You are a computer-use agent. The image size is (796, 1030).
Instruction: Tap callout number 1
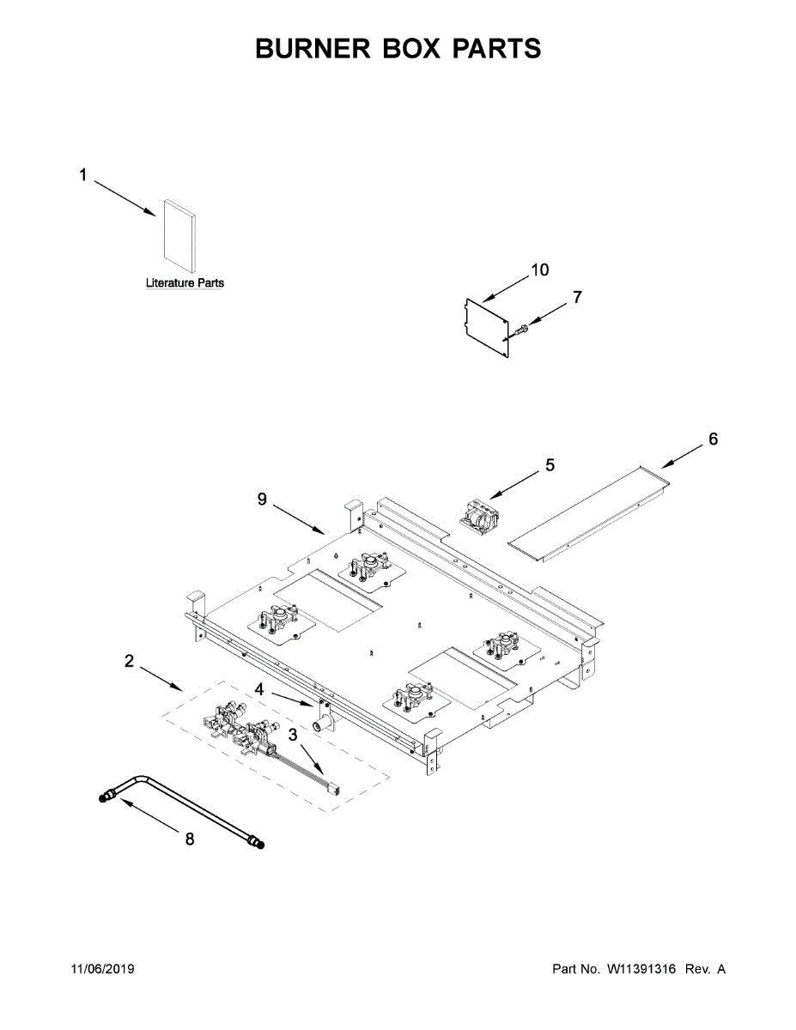[83, 175]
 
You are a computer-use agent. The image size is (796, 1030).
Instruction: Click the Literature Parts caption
[185, 283]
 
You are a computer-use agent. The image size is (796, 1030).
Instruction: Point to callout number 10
[539, 270]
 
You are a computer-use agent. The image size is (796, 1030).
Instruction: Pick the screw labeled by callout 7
[522, 327]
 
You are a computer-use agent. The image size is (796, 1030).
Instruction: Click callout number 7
[577, 297]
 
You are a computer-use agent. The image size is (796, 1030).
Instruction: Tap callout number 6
[714, 439]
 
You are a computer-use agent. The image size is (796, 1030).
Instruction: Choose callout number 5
[550, 465]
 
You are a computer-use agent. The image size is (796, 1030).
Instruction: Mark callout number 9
[263, 499]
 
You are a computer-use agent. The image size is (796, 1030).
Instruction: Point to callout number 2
[129, 661]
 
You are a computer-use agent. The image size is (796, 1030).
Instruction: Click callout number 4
[258, 688]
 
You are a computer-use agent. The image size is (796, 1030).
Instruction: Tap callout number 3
[294, 735]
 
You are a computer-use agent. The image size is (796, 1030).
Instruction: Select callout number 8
[190, 839]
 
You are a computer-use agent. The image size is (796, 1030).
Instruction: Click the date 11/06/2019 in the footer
[102, 969]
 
